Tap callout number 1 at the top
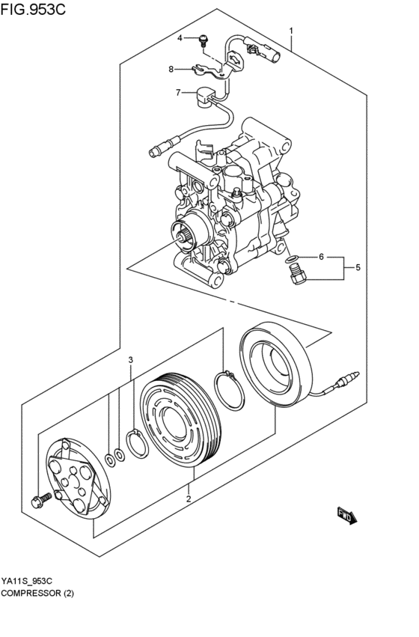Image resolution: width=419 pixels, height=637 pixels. click(x=291, y=30)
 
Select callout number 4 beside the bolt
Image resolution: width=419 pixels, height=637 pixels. click(x=180, y=37)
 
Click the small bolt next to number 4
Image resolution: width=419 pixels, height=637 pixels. click(x=203, y=39)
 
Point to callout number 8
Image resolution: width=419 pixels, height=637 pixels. click(x=171, y=70)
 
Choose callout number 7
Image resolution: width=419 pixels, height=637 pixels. click(x=178, y=93)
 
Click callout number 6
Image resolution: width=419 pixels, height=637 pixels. click(x=321, y=257)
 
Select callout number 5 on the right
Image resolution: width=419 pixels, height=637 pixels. click(x=358, y=266)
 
